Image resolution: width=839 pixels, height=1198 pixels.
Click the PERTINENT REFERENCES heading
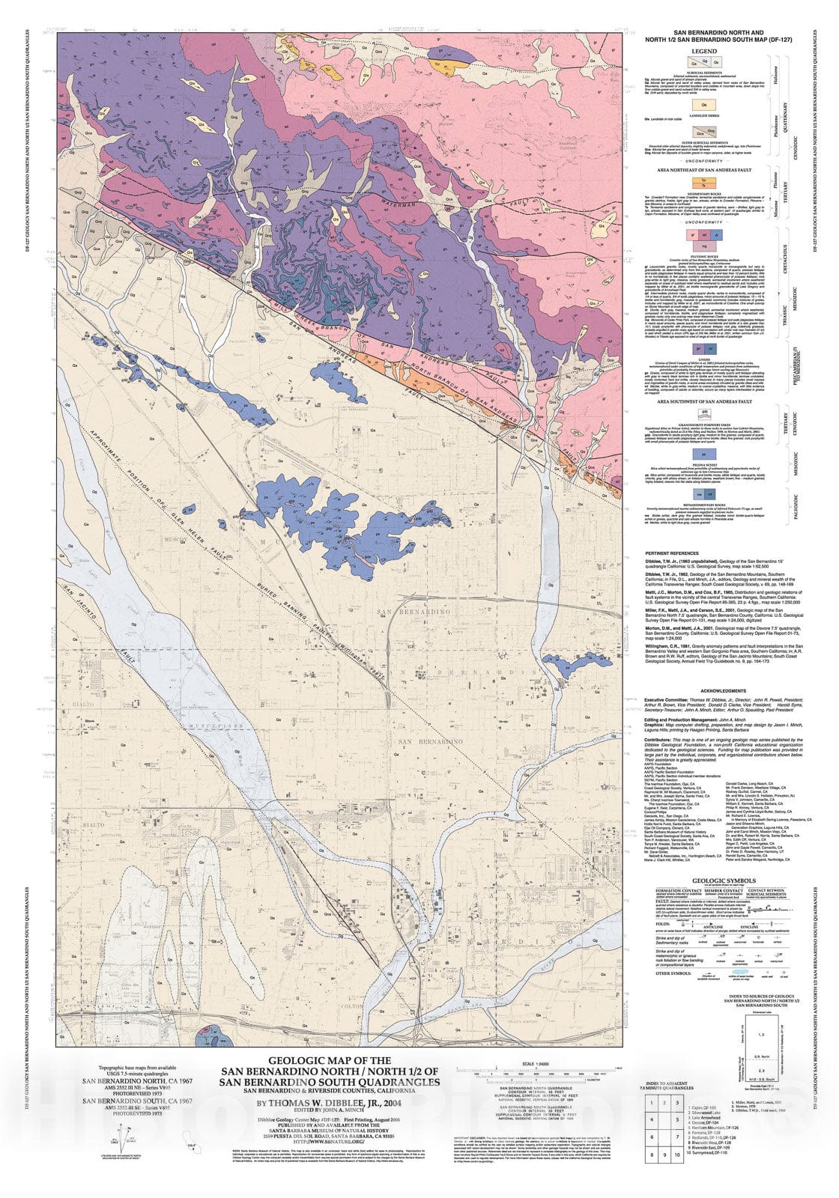tap(672, 553)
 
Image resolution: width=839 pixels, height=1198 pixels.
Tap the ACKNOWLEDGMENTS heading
tap(722, 690)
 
